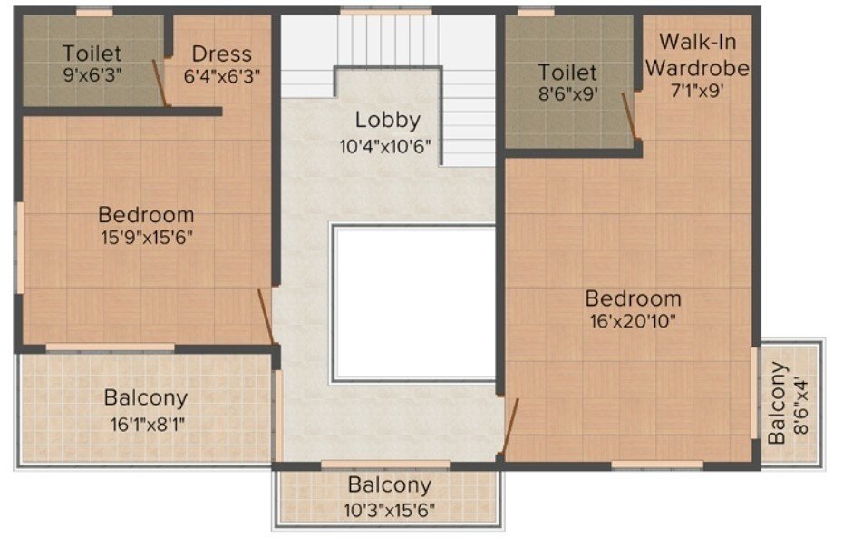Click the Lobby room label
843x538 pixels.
pyautogui.click(x=387, y=120)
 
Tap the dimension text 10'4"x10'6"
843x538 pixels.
pyautogui.click(x=387, y=145)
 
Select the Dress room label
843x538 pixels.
pyautogui.click(x=221, y=54)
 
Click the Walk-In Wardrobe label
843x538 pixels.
pyautogui.click(x=703, y=54)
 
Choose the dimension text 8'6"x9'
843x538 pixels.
pyautogui.click(x=567, y=93)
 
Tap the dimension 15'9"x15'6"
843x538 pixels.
pyautogui.click(x=146, y=238)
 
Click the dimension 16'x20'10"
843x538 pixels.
pyautogui.click(x=633, y=320)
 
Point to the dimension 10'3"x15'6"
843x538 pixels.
pyautogui.click(x=389, y=509)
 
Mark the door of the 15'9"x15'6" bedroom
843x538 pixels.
pyautogui.click(x=265, y=317)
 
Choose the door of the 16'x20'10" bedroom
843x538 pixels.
pyautogui.click(x=510, y=427)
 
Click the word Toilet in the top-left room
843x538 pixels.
pyautogui.click(x=92, y=54)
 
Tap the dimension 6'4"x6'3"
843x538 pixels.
pyautogui.click(x=222, y=76)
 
